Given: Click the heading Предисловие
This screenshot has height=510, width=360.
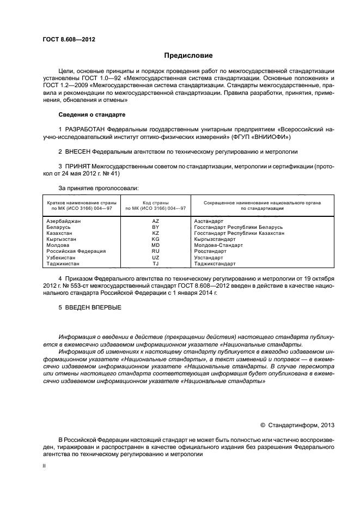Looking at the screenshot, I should tap(188, 56).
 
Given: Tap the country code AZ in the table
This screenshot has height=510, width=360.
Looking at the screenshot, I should tap(155, 221).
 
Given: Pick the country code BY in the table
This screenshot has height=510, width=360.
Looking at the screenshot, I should tap(155, 227).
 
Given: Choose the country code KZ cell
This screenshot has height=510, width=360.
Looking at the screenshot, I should tap(155, 233).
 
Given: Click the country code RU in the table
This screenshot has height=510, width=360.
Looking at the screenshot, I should tap(155, 251).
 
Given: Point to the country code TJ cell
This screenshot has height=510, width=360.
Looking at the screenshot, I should tap(155, 264).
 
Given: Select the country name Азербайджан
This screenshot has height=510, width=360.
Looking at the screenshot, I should tap(64, 221).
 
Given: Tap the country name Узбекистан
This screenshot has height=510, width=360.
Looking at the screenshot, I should tap(62, 258).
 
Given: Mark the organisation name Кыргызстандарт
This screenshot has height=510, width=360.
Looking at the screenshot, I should tap(215, 239).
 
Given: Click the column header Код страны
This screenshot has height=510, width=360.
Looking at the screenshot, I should tap(155, 203).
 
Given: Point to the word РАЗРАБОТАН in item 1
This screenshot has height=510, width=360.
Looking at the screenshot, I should tap(86, 129).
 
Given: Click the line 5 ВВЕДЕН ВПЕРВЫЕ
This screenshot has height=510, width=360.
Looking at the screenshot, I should tap(90, 308).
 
